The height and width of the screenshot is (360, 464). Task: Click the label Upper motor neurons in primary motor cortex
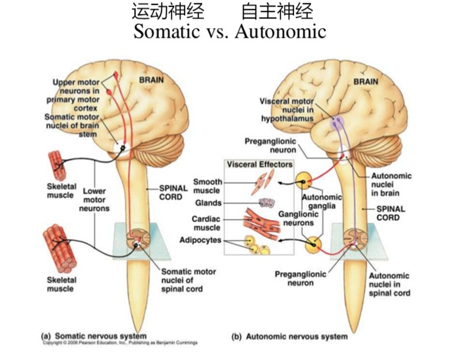tap(76, 90)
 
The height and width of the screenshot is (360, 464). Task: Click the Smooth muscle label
tap(207, 186)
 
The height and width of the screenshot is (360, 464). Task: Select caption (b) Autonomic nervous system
tap(289, 337)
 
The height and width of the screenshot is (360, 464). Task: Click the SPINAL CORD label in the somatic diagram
tap(174, 192)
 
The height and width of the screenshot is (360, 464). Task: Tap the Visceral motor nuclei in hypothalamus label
tap(285, 111)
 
